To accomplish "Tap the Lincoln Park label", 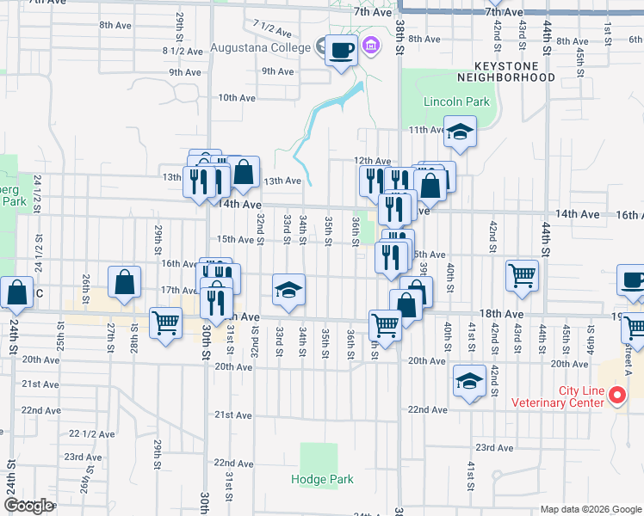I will (456, 101).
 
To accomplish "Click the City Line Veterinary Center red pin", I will (616, 396).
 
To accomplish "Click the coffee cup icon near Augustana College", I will (341, 49).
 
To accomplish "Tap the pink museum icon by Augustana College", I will (371, 45).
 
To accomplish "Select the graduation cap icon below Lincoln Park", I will (460, 133).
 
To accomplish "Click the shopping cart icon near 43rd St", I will (523, 275).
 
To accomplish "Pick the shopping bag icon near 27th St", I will (125, 283).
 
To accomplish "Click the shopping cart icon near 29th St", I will (165, 323).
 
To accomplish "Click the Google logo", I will (28, 506).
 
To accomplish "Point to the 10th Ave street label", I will (237, 98).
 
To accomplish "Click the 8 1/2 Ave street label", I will (183, 51).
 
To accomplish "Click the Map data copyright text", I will (590, 509).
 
